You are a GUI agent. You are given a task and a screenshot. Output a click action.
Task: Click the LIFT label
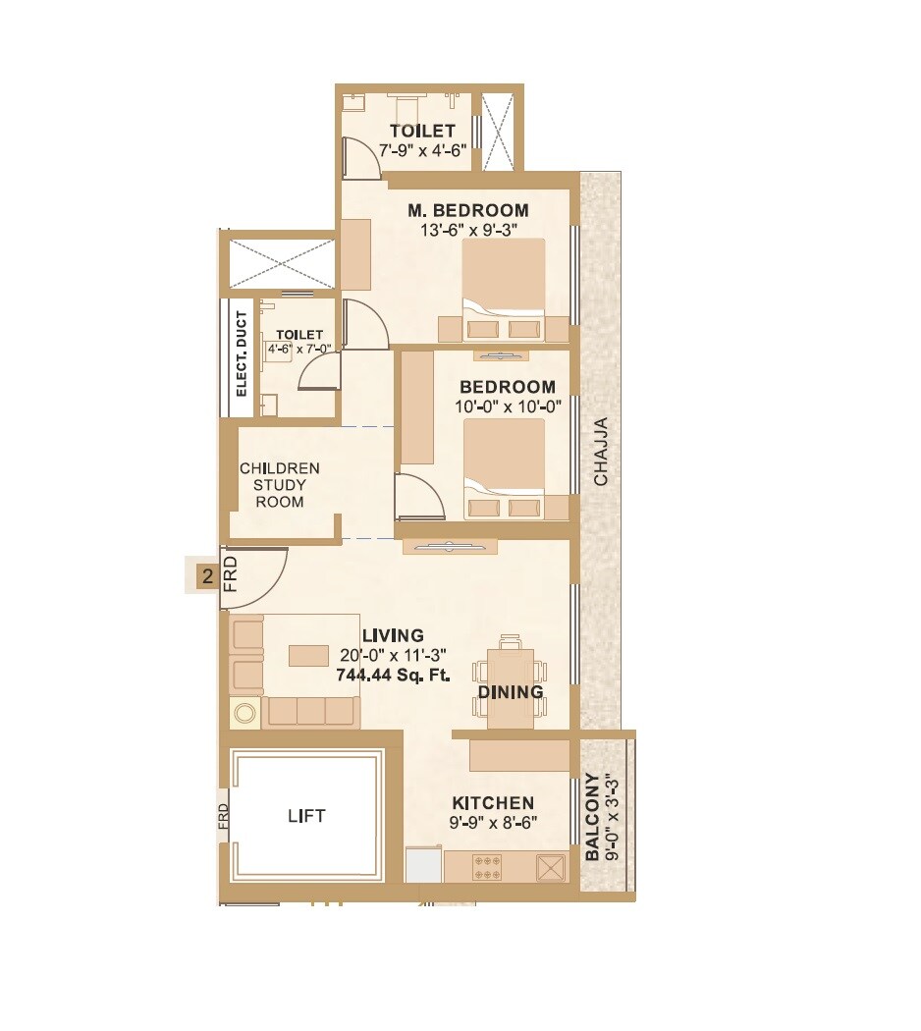click(306, 816)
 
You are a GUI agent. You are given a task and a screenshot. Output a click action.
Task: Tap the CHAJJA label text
click(601, 452)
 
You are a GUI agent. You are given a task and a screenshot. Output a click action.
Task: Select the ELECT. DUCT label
click(242, 353)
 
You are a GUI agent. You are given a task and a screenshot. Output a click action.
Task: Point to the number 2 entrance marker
click(206, 576)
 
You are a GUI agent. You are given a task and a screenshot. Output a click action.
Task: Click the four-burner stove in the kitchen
click(488, 867)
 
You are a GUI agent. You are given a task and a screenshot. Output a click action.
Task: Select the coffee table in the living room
click(308, 655)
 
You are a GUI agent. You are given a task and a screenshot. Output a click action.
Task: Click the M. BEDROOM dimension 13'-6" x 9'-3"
click(468, 230)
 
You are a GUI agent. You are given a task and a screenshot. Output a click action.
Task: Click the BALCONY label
click(592, 817)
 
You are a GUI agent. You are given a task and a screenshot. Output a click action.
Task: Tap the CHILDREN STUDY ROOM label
click(280, 485)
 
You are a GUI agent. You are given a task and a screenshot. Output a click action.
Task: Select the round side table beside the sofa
click(244, 712)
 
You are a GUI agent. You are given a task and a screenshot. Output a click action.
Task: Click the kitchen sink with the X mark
click(551, 867)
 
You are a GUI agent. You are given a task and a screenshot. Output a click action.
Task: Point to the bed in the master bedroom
click(504, 290)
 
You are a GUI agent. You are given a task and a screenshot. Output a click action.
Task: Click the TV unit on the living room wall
click(449, 547)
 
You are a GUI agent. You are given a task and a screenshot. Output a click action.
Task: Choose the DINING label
click(510, 692)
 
